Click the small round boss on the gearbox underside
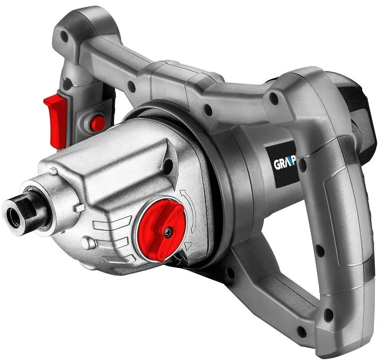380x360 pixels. coord(87,242)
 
